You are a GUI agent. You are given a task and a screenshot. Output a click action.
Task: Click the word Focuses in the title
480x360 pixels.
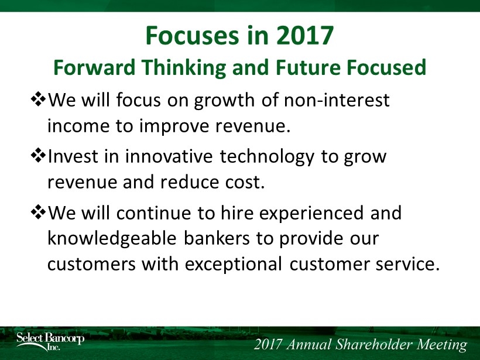point(191,36)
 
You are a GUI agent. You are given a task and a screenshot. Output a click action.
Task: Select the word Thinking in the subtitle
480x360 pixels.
point(183,68)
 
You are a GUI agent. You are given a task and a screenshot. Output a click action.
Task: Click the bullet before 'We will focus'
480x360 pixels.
point(38,99)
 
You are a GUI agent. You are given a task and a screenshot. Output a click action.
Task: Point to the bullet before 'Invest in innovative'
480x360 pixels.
point(38,156)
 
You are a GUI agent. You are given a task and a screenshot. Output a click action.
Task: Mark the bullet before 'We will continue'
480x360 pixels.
point(38,212)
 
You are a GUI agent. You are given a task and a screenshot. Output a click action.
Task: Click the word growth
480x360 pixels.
point(224,101)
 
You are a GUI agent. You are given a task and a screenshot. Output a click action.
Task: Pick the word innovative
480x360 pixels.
point(169,156)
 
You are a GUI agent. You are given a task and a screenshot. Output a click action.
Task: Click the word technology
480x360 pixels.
point(267,157)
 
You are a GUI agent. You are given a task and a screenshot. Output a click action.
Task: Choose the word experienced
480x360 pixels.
point(311,214)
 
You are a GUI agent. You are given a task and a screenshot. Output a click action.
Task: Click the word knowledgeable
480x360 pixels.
point(112,239)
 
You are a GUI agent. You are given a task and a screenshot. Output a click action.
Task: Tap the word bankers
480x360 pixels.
point(217,238)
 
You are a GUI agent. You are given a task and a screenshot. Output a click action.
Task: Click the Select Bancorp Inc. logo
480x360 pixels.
point(50,341)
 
